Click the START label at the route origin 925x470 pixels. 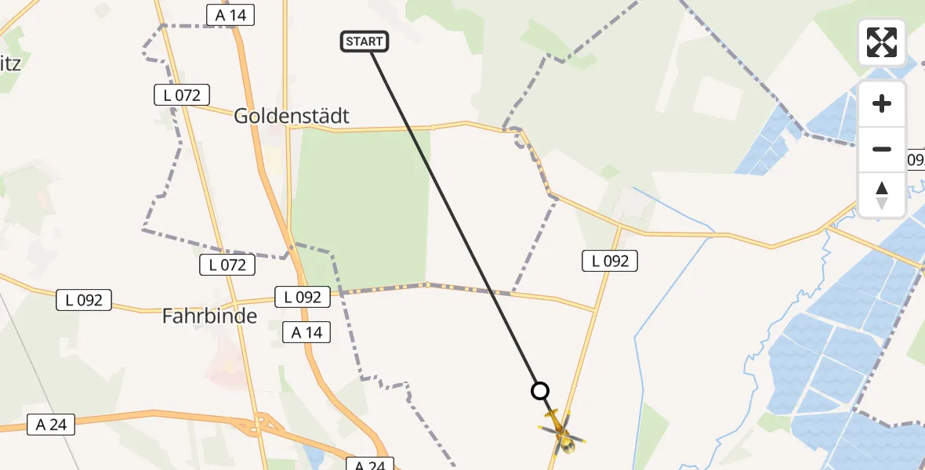tap(365, 42)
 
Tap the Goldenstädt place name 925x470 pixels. tap(292, 116)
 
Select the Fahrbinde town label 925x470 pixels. tap(209, 316)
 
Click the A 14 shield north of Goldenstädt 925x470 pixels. tap(230, 14)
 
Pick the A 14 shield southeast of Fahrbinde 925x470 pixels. tap(307, 332)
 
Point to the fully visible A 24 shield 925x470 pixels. tap(52, 425)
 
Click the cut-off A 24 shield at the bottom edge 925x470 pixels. tap(369, 465)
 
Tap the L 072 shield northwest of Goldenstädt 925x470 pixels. tap(182, 96)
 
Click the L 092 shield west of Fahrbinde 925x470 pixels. tap(85, 299)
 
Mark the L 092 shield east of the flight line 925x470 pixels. tap(610, 261)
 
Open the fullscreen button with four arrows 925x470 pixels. tap(882, 42)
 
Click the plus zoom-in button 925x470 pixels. tap(882, 103)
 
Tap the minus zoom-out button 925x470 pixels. tap(882, 149)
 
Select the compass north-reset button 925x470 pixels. tap(882, 194)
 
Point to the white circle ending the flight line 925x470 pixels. tap(540, 390)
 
